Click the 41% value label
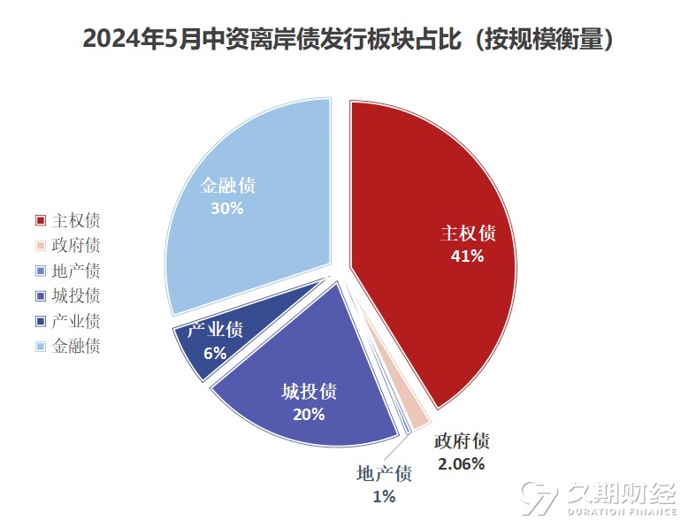click(468, 256)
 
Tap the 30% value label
click(227, 209)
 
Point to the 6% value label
click(215, 353)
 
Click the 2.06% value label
click(461, 463)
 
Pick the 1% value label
click(383, 497)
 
